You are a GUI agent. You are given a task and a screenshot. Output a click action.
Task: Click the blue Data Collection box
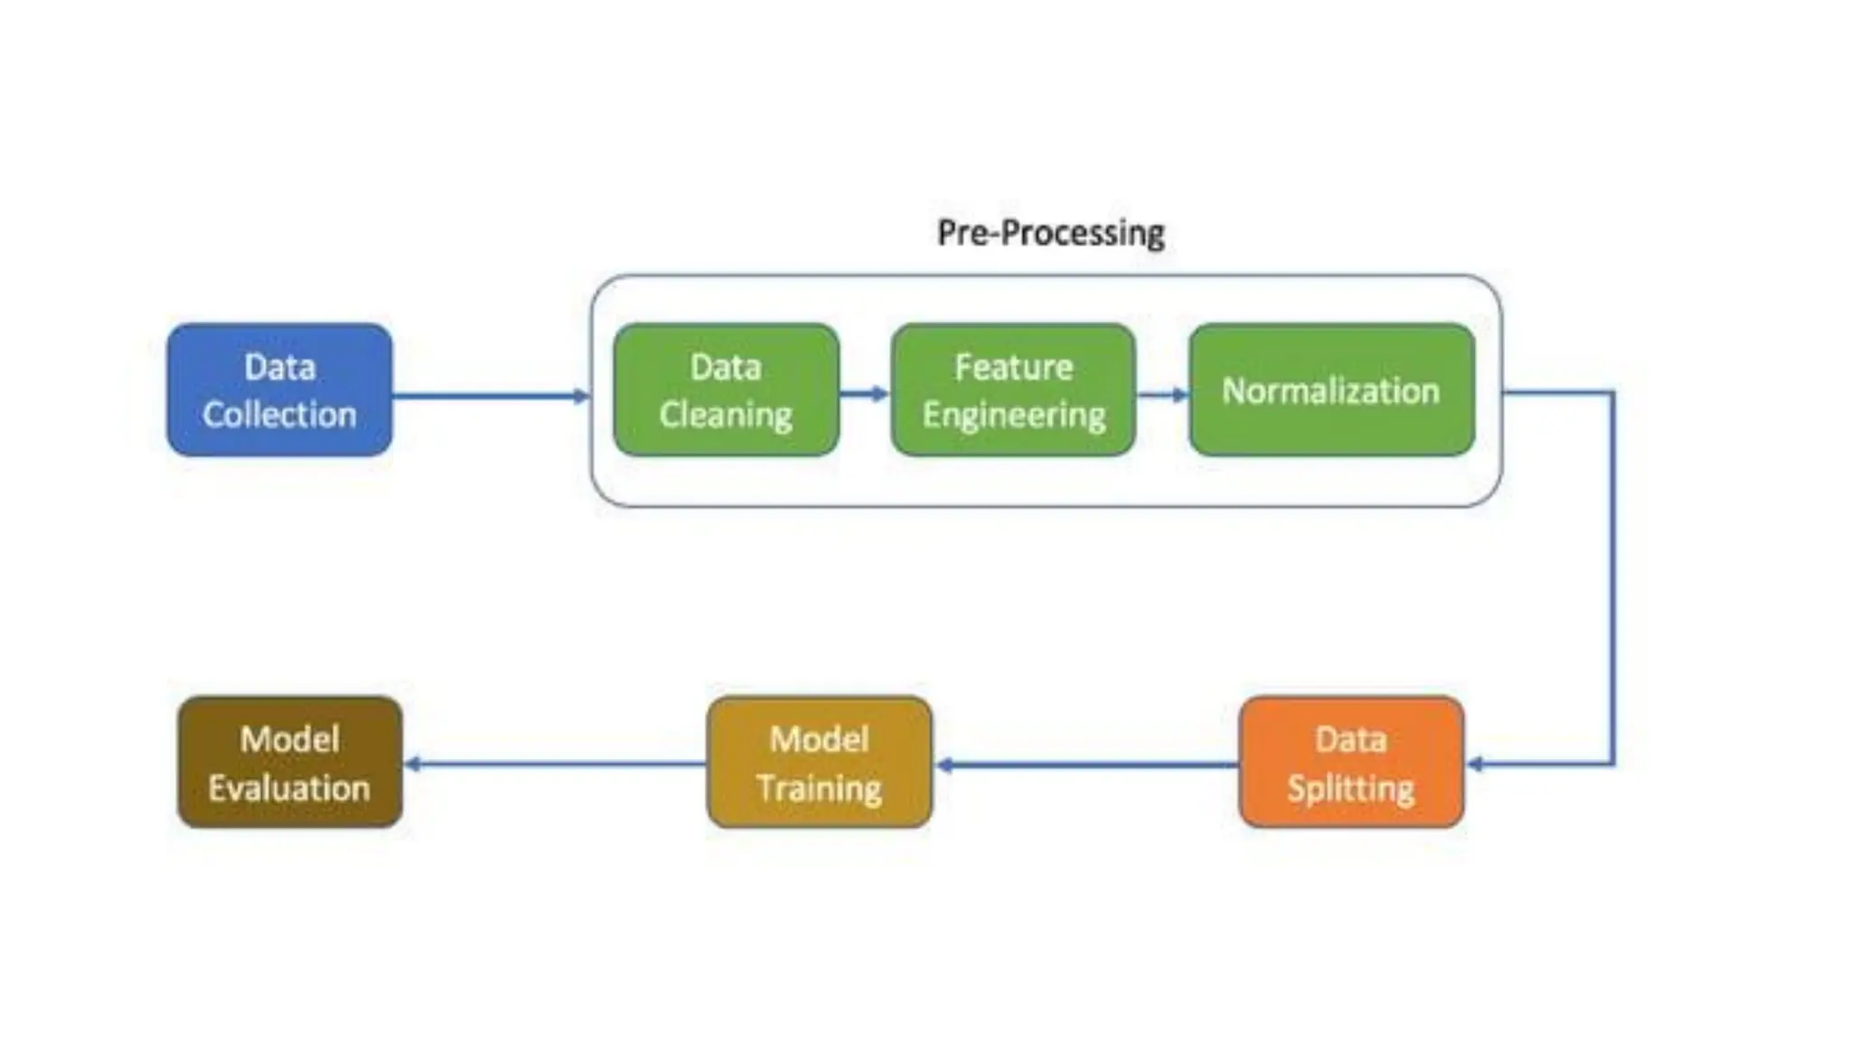tap(279, 390)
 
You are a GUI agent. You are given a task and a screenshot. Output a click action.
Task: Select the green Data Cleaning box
tap(726, 390)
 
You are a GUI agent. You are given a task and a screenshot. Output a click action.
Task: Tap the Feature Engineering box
tap(1013, 390)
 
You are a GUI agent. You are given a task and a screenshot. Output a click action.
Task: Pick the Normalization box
tap(1331, 390)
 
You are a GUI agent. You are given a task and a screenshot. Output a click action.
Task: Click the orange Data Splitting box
tap(1351, 763)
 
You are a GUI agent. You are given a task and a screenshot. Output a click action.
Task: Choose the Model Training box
tap(819, 763)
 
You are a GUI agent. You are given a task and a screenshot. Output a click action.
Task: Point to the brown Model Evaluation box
tap(289, 763)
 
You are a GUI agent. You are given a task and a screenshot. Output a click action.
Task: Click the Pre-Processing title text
tap(1050, 233)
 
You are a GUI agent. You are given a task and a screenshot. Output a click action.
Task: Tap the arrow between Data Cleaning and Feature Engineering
tap(864, 393)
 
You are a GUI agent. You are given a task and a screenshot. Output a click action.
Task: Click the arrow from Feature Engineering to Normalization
tap(1162, 394)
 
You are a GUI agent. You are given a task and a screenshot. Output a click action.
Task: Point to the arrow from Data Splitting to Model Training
tap(1085, 764)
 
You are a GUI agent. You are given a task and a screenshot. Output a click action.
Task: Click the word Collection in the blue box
tap(279, 415)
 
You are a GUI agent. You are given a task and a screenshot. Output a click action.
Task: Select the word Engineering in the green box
tap(1013, 416)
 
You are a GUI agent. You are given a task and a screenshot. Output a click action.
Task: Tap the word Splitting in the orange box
tap(1351, 788)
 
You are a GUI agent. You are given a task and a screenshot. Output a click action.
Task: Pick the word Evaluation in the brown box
tap(289, 788)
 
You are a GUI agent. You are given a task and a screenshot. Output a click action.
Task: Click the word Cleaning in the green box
tap(726, 416)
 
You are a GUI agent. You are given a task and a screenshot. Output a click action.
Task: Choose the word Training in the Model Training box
tap(819, 788)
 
